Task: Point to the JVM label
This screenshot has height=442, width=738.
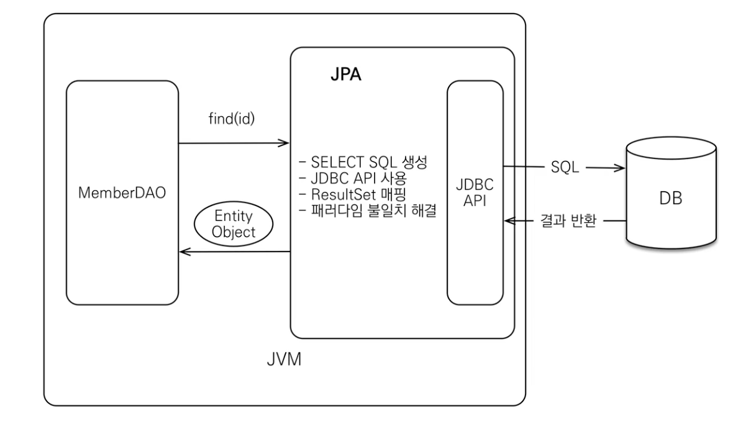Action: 283,359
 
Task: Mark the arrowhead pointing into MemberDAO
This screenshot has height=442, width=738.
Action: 183,251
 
